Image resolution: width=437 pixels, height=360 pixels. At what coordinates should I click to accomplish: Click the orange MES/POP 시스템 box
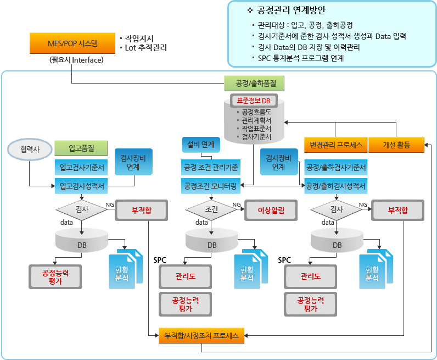coord(72,43)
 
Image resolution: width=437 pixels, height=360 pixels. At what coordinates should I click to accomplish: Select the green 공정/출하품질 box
coord(254,83)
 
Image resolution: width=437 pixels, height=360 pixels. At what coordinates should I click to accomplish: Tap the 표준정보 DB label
coord(254,101)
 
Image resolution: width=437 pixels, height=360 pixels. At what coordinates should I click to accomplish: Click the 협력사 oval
coord(30,149)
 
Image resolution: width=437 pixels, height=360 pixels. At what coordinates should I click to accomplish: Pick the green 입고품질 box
coord(81,148)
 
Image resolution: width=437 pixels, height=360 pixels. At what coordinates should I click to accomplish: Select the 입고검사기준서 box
coord(81,168)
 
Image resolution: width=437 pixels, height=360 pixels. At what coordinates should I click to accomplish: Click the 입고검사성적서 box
coord(81,186)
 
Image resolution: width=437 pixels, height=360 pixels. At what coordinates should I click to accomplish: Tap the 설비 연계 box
coord(201,145)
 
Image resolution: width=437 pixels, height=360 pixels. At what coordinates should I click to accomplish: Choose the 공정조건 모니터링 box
coord(211,186)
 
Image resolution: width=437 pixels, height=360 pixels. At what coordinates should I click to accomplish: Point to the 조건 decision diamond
coord(211,210)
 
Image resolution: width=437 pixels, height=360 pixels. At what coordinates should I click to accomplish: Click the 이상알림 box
coord(271,210)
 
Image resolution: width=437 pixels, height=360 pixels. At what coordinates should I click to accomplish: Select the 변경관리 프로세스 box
coord(336,145)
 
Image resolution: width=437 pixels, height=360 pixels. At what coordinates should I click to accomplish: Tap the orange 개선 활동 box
coord(396,145)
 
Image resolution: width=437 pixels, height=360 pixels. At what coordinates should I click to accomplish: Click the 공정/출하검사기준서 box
coord(336,168)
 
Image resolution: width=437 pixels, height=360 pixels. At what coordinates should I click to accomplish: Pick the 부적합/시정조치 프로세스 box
coord(201,335)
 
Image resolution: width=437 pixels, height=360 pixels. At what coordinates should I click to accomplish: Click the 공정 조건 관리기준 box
coord(211,168)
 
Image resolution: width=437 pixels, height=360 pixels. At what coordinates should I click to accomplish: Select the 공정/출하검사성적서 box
coord(336,186)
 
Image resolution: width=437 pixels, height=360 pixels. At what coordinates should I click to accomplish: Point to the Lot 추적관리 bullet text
coord(145,48)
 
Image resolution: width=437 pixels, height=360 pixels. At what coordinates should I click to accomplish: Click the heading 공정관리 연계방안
coord(291,10)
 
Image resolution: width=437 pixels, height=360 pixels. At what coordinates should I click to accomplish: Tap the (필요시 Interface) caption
coord(76,60)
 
